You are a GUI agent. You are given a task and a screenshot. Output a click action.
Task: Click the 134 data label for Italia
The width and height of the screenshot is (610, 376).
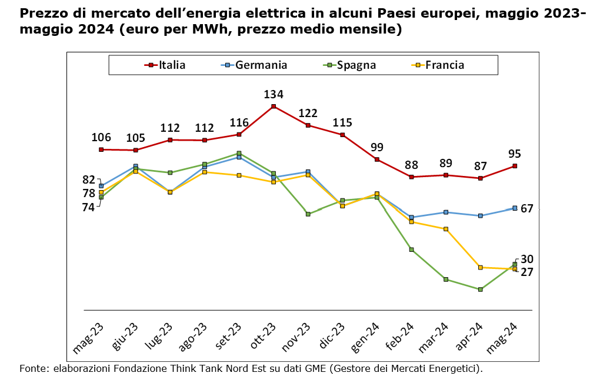coord(274,94)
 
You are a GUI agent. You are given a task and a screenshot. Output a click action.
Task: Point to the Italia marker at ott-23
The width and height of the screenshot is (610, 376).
coord(274,107)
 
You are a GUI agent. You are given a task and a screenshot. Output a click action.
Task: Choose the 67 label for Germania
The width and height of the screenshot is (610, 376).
coord(526,208)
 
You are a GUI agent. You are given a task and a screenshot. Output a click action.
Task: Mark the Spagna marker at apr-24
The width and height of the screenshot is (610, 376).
coord(481,290)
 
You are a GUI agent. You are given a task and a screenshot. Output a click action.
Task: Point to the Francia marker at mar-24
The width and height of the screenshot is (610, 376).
coord(446,229)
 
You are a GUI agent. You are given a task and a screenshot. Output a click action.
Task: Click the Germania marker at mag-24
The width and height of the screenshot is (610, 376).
coord(515,208)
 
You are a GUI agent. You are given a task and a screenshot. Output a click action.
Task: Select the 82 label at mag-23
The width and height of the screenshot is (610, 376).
coord(89,179)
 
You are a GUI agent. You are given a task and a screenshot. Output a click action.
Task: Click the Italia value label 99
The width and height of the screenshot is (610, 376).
coord(377,147)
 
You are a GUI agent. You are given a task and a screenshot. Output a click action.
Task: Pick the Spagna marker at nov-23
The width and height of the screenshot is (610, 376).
coord(308,214)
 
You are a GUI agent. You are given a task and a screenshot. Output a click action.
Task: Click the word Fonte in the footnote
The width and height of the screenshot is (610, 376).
coord(33,369)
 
